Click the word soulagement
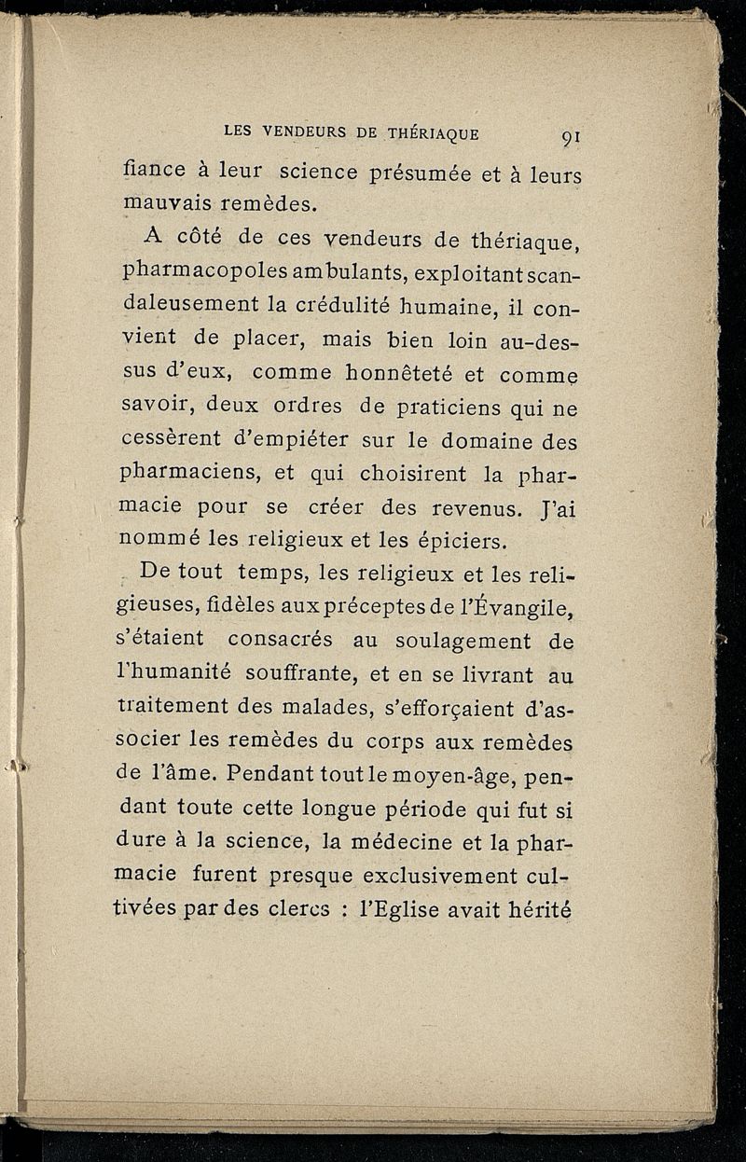[450, 642]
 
